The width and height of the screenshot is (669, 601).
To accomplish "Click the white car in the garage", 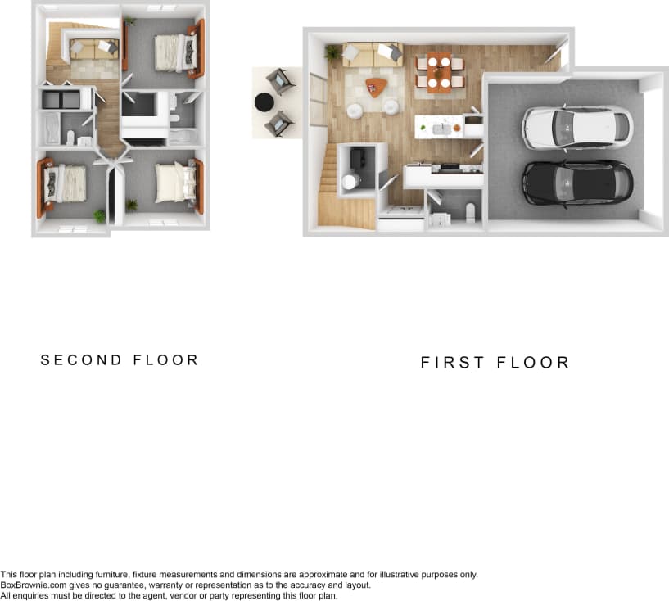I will tap(577, 127).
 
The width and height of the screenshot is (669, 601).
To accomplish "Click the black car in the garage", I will tap(577, 183).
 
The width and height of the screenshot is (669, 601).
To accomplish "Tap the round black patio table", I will tap(264, 102).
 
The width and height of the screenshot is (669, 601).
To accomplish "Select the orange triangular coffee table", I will tap(375, 86).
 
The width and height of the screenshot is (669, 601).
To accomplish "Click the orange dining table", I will tap(439, 71).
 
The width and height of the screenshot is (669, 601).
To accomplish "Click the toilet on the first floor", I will tap(470, 213).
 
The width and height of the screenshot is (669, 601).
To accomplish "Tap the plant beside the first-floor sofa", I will tap(332, 52).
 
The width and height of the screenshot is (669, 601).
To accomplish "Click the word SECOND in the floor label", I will tap(81, 360).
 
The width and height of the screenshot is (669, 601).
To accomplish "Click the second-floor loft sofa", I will tap(93, 47).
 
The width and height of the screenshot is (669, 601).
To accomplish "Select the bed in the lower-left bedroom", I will tap(66, 183).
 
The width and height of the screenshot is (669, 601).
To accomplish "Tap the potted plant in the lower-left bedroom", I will tap(100, 215).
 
